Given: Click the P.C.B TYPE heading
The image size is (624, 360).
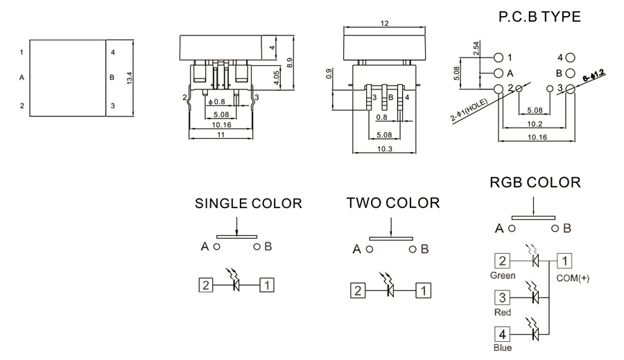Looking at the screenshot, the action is click(x=539, y=17).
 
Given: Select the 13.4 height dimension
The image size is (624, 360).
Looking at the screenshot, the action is click(x=130, y=78).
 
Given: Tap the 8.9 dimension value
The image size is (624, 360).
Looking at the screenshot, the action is click(x=290, y=63).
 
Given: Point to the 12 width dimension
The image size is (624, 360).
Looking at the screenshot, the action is click(x=384, y=24).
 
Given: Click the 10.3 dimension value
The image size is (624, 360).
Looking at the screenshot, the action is click(x=384, y=149).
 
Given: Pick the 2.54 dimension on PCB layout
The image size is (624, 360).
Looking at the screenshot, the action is click(x=476, y=49).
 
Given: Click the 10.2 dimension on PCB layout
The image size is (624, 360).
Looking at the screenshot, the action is click(x=535, y=124).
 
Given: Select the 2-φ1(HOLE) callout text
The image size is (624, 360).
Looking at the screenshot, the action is click(x=469, y=110).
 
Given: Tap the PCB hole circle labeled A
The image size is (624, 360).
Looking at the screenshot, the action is click(x=499, y=74).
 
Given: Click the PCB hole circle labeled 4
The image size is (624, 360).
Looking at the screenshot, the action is click(x=571, y=58).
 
